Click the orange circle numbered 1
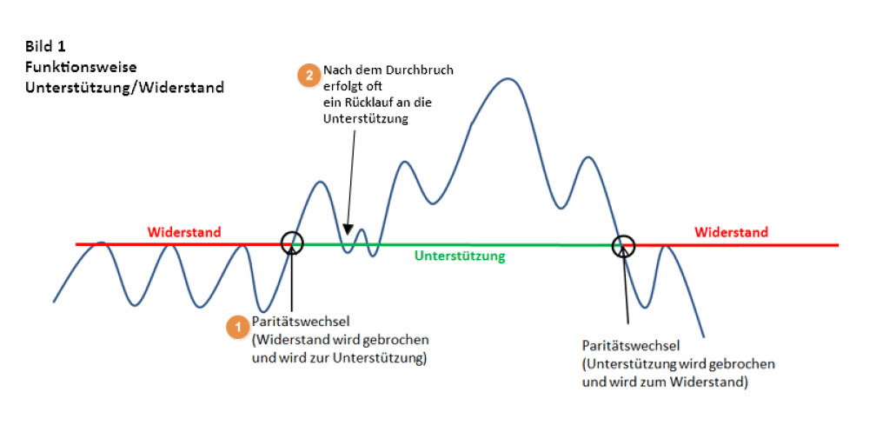point(236,328)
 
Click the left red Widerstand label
point(184,233)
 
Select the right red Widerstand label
point(732,232)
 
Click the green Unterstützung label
point(460,256)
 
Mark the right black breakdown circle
point(623,246)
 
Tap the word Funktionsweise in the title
point(81,67)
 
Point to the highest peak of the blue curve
point(508,78)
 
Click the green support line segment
point(457,244)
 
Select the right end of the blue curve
point(703,337)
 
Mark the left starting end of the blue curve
point(54,301)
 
